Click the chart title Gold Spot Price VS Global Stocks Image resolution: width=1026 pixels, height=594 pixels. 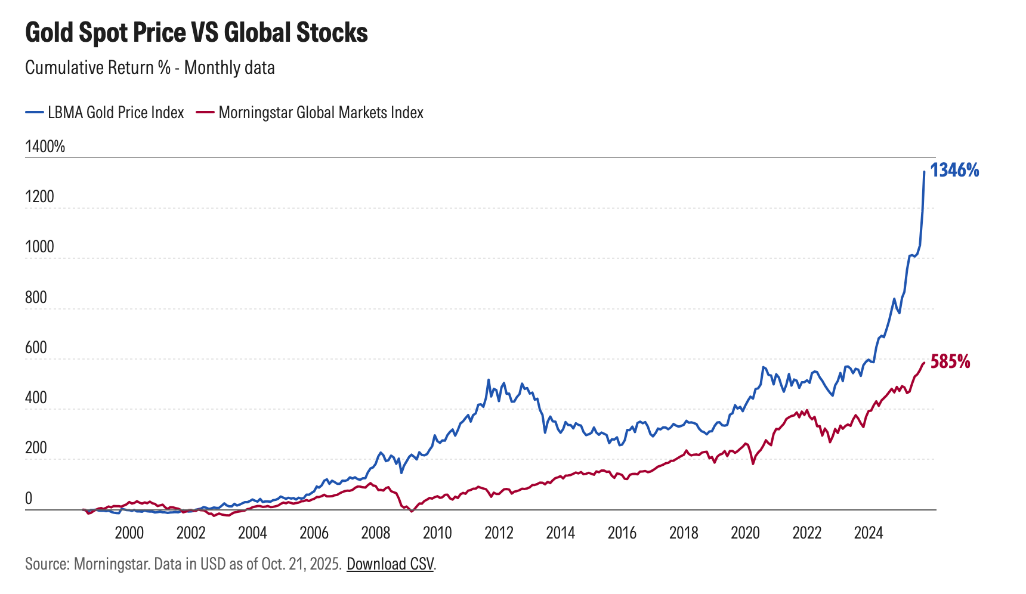[x=196, y=32]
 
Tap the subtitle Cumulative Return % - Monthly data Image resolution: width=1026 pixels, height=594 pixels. [x=150, y=67]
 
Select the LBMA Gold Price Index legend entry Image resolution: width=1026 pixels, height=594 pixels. [x=116, y=112]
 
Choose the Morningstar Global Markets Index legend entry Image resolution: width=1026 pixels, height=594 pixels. [x=321, y=112]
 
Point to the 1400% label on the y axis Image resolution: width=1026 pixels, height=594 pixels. [x=45, y=146]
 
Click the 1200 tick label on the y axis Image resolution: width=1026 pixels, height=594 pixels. [x=39, y=196]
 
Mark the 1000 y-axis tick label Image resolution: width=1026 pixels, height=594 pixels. [x=39, y=246]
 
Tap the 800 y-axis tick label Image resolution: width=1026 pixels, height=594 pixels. [x=36, y=297]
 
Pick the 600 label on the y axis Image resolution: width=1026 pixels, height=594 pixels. [x=36, y=347]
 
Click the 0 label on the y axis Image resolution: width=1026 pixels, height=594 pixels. [x=29, y=499]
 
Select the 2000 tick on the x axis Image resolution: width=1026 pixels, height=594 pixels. [x=129, y=533]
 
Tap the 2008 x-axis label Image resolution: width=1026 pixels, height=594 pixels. [x=375, y=533]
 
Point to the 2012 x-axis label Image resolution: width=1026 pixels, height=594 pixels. [x=499, y=533]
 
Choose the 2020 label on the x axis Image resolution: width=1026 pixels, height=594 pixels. [x=745, y=533]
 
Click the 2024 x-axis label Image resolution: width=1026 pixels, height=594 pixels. [x=868, y=533]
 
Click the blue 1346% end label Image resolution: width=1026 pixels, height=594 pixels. [x=954, y=171]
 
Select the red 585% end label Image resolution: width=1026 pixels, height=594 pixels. [x=950, y=361]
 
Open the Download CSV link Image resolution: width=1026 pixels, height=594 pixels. [x=390, y=564]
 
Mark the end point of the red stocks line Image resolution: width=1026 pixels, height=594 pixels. [x=924, y=363]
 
